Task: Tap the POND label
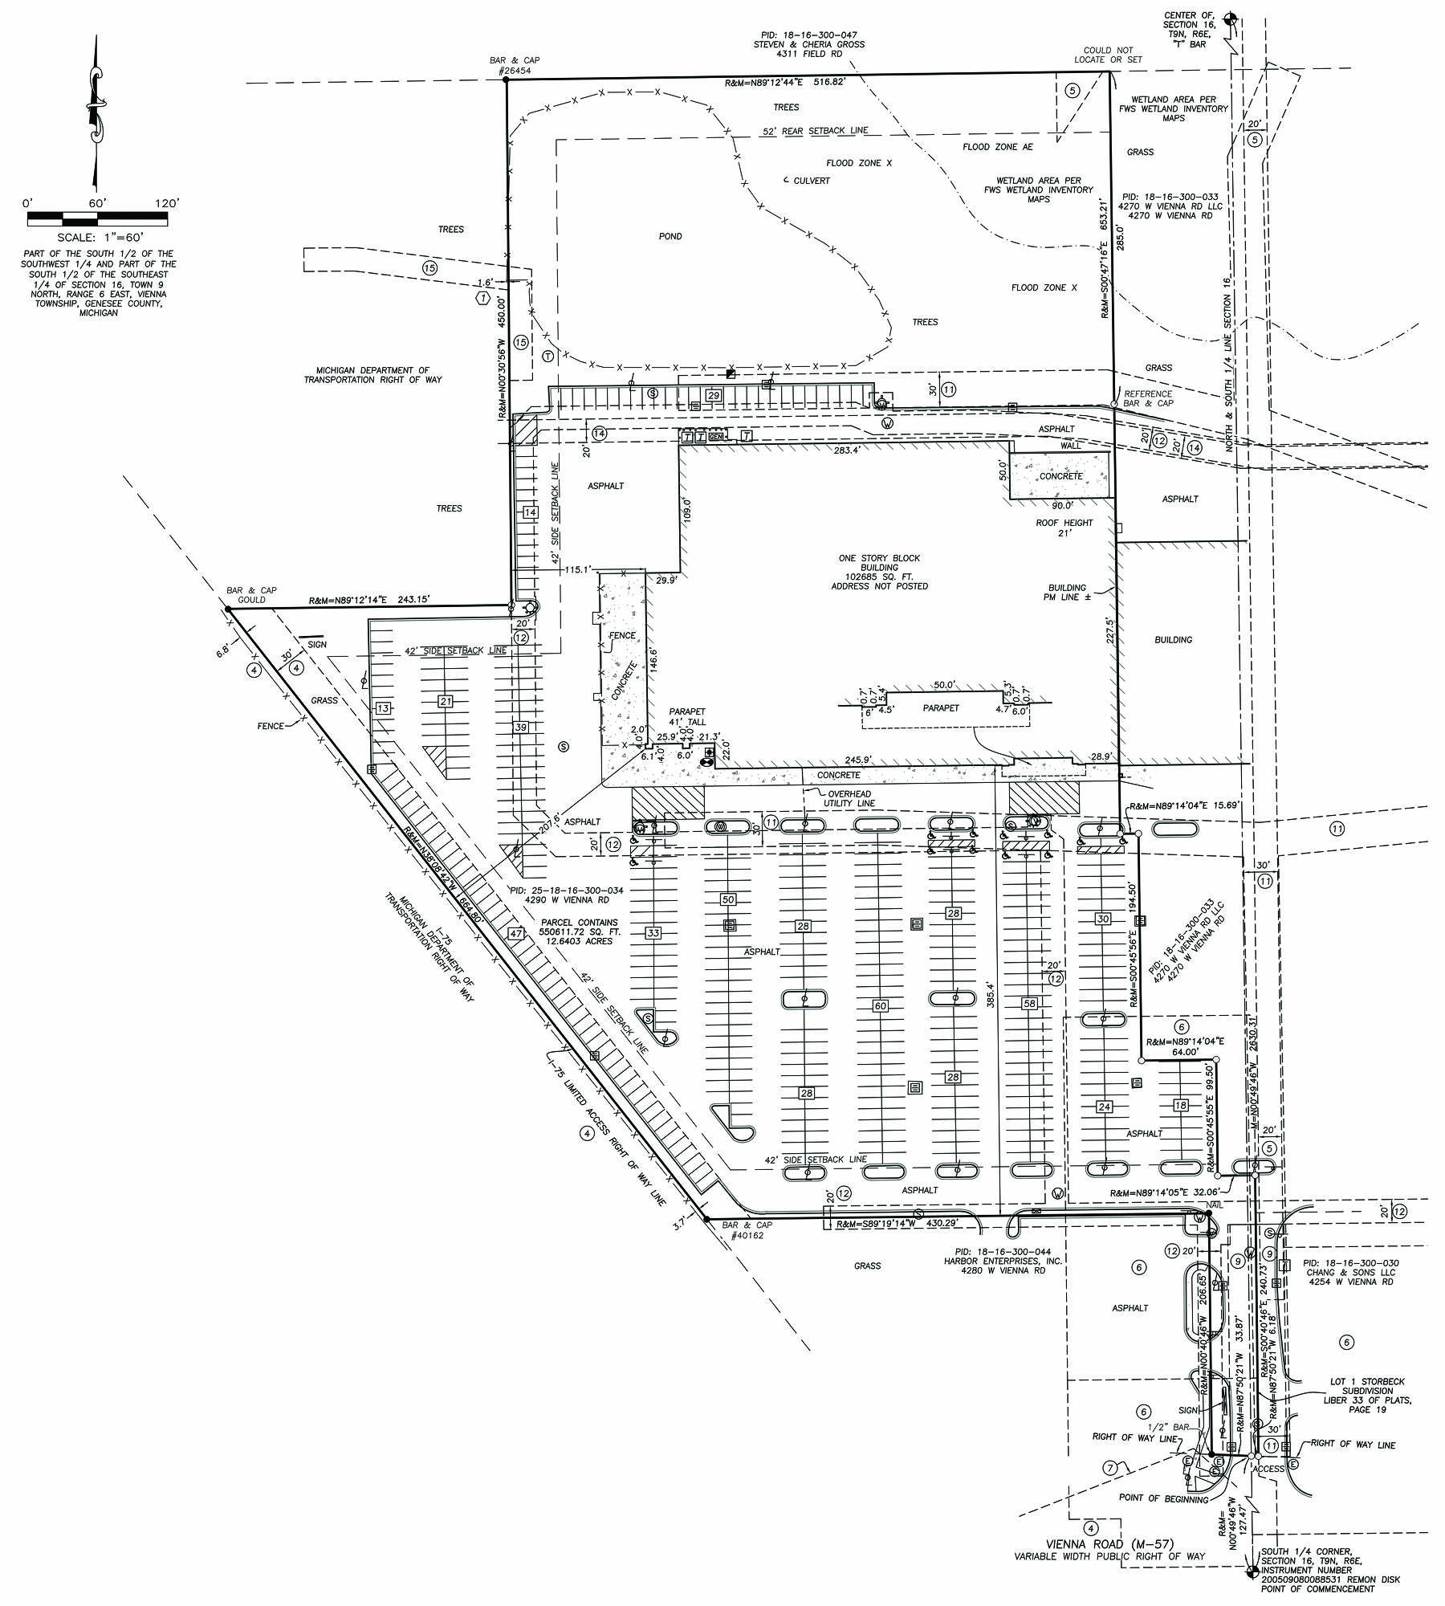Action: [670, 237]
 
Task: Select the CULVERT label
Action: [807, 181]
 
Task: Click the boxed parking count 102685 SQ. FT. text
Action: [880, 577]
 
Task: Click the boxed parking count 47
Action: [515, 933]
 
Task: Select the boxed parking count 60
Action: [880, 1006]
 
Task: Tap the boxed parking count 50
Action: [728, 899]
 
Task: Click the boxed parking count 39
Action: [521, 728]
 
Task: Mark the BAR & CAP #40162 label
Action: [747, 1230]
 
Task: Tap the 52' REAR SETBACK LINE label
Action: [816, 131]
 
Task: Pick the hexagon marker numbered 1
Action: [482, 298]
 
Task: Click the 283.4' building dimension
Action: [846, 450]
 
